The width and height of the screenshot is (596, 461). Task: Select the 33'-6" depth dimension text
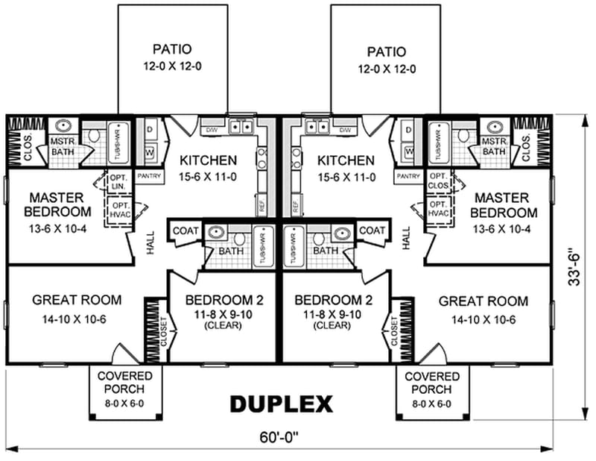click(574, 263)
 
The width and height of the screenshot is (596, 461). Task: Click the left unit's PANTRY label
click(147, 176)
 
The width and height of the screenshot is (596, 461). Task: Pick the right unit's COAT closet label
click(372, 230)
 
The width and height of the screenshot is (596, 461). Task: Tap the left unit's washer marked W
click(149, 152)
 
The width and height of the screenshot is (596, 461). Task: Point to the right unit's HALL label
click(407, 238)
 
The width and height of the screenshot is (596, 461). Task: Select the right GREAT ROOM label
click(483, 301)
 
